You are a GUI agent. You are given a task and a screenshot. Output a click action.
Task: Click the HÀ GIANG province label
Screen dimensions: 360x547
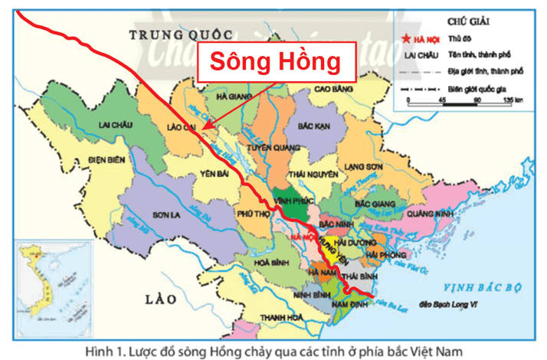pos(234,97)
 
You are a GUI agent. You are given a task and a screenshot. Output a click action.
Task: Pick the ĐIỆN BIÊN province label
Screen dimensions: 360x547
pos(64,160)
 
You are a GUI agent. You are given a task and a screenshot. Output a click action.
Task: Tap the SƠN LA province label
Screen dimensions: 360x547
pos(165,214)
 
